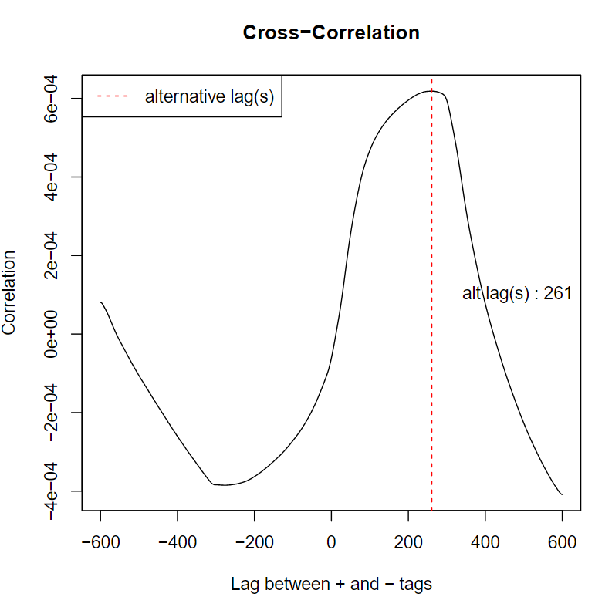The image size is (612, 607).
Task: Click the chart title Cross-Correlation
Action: coord(331,33)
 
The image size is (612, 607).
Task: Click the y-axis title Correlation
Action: coord(9,292)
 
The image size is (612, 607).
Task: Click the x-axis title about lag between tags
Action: coord(331,584)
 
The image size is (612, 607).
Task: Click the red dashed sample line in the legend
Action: coord(112,96)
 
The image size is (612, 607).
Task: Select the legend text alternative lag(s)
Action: coord(209,96)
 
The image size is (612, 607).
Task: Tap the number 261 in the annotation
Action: coord(557,294)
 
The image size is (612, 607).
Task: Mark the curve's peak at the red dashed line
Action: coord(431,91)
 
